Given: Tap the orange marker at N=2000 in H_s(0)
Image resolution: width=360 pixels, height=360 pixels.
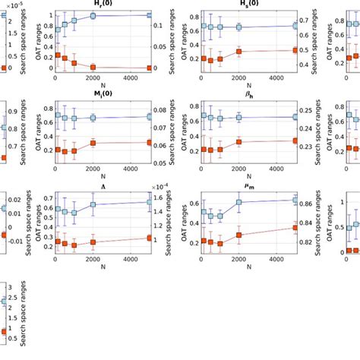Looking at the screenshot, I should click(239, 52).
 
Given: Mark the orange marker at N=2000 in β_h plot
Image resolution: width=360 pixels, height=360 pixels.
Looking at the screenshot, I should click(239, 142).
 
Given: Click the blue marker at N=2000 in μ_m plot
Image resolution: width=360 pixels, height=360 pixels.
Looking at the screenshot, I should click(239, 202).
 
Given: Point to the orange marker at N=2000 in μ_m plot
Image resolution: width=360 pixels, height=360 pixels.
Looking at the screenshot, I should click(239, 235).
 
